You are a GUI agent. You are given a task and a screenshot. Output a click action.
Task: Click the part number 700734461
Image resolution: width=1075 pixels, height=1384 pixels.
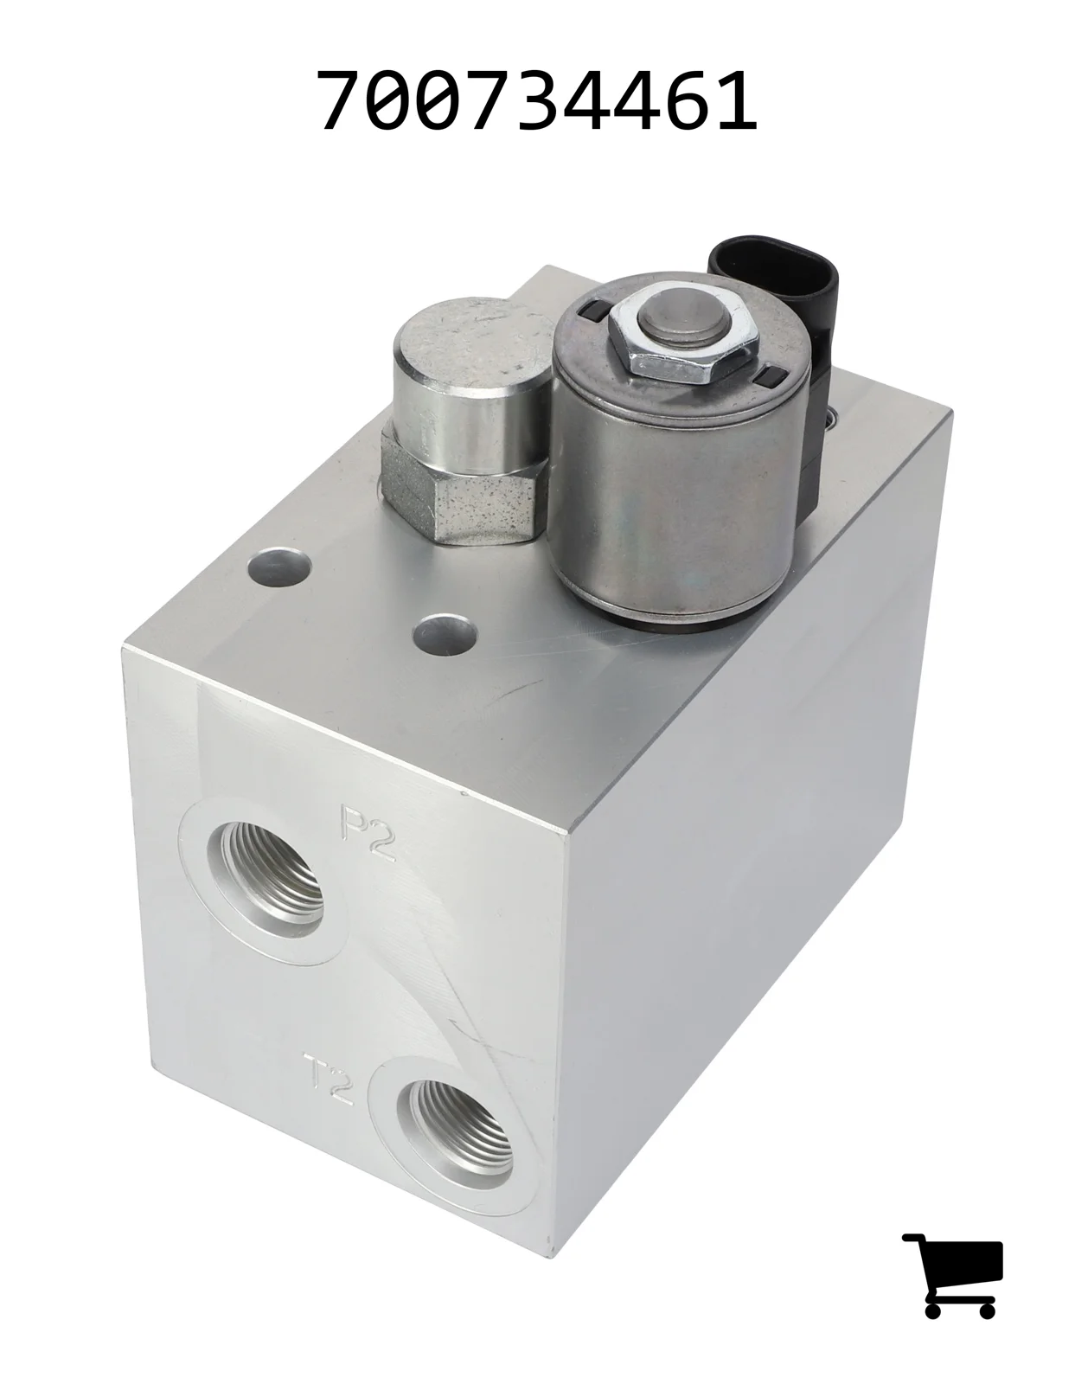[x=539, y=100]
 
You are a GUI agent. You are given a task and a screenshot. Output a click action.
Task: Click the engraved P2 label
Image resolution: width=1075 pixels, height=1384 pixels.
[x=368, y=833]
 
